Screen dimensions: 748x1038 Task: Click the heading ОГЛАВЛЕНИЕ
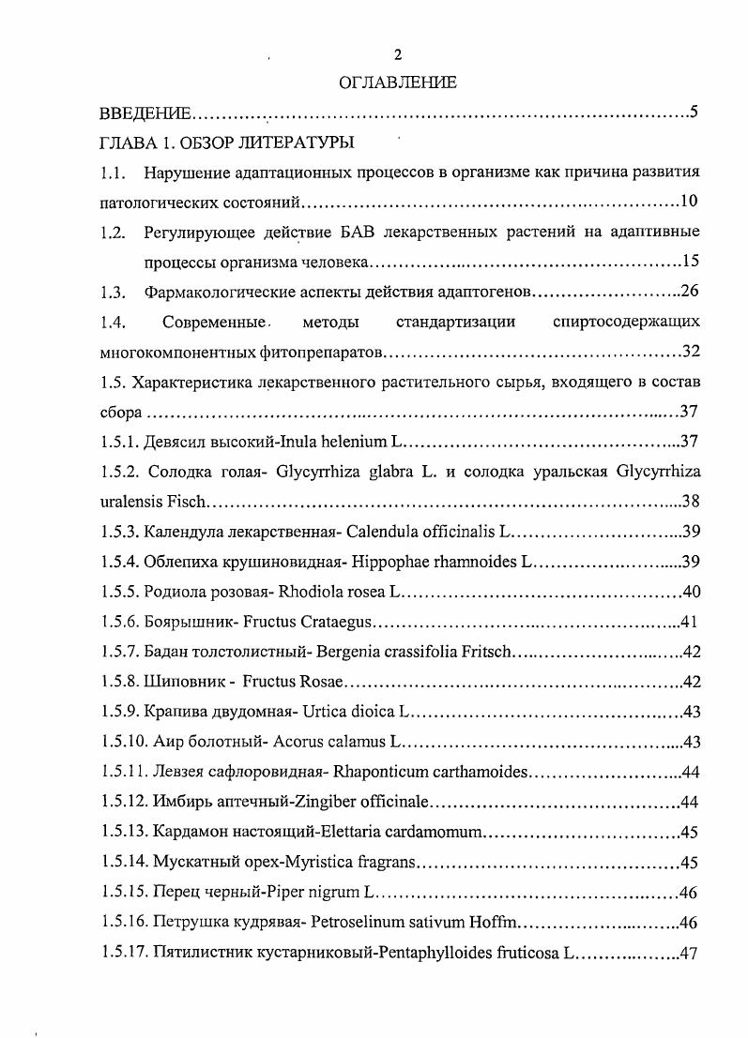(x=398, y=83)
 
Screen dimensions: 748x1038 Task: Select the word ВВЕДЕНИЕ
(x=145, y=114)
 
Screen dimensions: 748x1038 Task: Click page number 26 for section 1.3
(x=690, y=291)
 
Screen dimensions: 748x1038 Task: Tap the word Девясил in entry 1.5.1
(x=176, y=442)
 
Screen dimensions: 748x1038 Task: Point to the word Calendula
(x=380, y=532)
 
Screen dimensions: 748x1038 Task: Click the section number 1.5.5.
(x=120, y=592)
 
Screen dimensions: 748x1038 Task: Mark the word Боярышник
(x=188, y=622)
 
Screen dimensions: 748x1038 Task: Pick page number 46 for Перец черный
(x=688, y=892)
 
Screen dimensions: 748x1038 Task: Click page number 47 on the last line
(x=690, y=953)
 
